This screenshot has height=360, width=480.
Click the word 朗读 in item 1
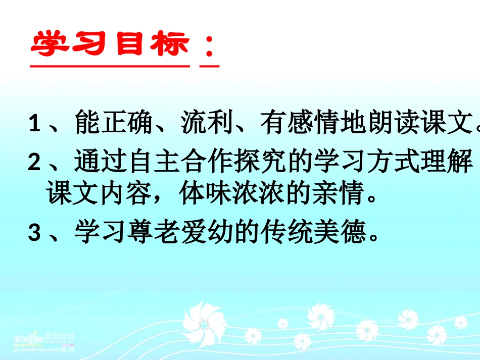[391, 123]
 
